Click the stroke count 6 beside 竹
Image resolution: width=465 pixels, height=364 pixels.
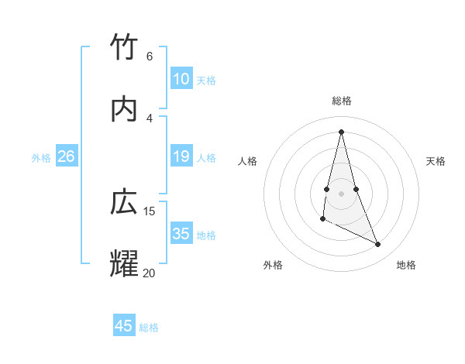(149, 56)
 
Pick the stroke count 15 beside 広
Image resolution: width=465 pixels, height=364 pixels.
(150, 211)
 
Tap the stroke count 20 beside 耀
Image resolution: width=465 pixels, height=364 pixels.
(149, 273)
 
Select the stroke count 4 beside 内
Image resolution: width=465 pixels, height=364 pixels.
(149, 118)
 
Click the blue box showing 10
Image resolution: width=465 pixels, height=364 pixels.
(181, 79)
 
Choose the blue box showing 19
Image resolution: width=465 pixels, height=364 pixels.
(181, 156)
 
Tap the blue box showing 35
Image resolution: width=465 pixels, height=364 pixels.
(181, 234)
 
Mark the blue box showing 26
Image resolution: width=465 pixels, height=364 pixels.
(67, 156)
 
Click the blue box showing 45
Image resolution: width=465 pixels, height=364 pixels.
(124, 326)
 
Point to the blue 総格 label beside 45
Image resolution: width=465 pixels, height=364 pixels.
(149, 328)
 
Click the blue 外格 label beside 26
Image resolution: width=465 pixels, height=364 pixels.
(41, 158)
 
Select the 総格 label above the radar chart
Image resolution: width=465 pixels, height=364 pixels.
(342, 101)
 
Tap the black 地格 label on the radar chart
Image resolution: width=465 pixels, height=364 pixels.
(406, 266)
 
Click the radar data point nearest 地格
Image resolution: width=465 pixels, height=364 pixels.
(378, 245)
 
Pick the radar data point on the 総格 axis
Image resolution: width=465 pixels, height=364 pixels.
(341, 132)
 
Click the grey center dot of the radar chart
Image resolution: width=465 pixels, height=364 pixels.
(341, 193)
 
